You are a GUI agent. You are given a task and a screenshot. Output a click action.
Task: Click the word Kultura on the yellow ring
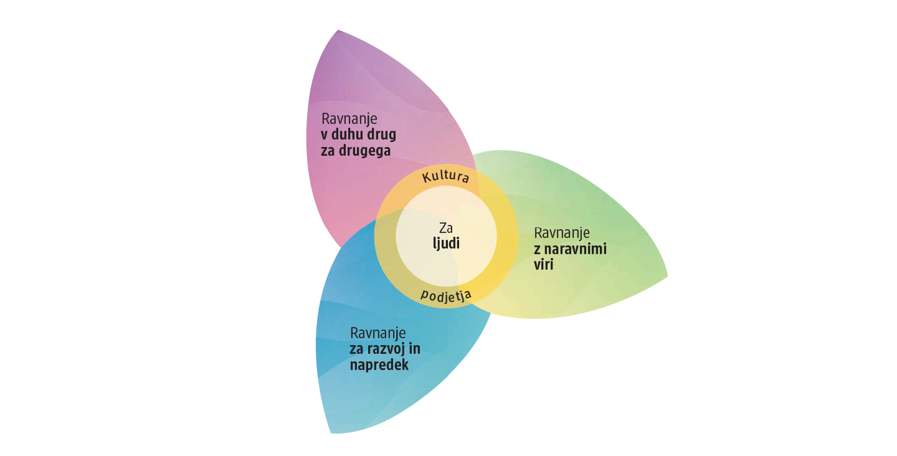[x=446, y=176]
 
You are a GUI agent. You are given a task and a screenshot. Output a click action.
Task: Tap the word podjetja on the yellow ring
[x=446, y=296]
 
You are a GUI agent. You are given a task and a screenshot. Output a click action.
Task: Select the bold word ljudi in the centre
[x=446, y=244]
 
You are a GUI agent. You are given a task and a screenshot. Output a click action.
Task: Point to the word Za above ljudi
[x=446, y=228]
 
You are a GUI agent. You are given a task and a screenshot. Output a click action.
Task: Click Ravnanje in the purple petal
[x=349, y=120]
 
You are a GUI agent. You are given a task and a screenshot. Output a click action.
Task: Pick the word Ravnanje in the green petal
[x=562, y=233]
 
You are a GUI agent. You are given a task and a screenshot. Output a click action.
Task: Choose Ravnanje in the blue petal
[x=378, y=333]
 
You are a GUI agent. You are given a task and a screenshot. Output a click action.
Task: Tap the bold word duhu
[x=348, y=135]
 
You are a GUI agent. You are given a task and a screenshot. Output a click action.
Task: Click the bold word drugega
[x=364, y=151]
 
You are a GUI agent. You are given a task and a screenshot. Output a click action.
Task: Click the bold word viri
[x=543, y=265]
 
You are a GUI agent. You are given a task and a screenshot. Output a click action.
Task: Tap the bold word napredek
[x=379, y=364]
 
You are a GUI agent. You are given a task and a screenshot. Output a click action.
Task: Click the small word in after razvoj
[x=414, y=349]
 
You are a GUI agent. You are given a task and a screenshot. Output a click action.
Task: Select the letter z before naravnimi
[x=537, y=250]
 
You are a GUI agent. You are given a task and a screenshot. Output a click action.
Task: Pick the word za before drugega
[x=328, y=151]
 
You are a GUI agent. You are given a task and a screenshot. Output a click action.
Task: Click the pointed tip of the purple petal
[x=338, y=30]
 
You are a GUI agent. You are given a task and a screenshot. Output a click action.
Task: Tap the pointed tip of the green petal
[x=667, y=276]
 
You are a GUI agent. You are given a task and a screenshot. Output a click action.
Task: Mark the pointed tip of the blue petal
[x=331, y=433]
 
